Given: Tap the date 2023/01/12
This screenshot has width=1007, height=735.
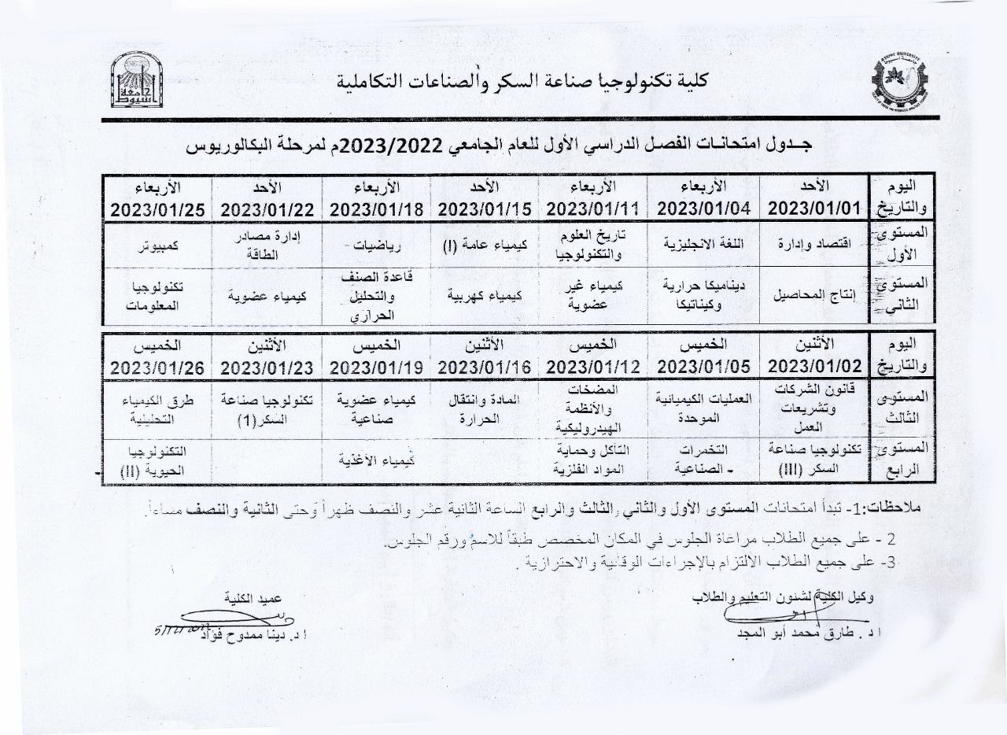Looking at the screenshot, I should (592, 367).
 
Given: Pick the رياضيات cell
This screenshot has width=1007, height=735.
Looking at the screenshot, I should (376, 245).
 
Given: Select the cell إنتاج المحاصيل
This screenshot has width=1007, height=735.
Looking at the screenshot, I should (814, 296).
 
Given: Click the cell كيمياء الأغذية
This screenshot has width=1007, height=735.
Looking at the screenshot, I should (376, 459).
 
